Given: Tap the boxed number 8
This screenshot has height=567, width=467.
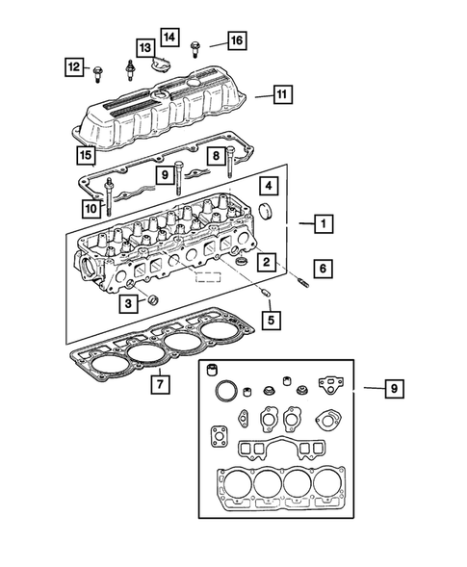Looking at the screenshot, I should (218, 156).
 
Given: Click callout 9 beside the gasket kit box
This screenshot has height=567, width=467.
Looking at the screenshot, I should (393, 389).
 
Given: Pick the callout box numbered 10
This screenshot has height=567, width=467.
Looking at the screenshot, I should (91, 207).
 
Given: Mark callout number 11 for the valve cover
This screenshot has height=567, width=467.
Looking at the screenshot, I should (281, 95).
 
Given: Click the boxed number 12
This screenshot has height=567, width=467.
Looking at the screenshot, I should (74, 66).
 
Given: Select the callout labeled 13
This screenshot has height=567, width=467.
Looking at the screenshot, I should (144, 47).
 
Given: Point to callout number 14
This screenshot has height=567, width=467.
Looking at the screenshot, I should (169, 38).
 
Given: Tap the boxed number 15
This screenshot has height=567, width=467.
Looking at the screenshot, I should (86, 154).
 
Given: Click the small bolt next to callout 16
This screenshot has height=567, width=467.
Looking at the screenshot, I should (197, 43).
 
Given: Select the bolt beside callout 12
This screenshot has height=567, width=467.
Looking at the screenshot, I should (99, 69).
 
